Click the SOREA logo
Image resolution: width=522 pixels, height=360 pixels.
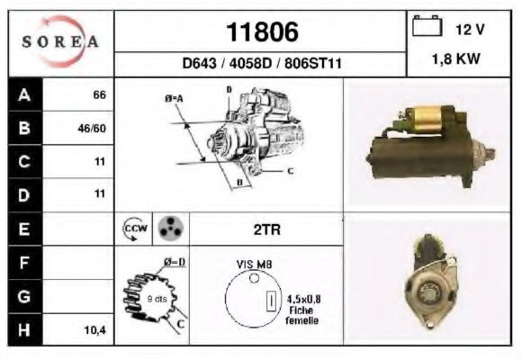pos(60,41)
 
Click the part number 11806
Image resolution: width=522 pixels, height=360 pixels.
pos(262,32)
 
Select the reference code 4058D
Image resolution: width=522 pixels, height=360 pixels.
pos(251,63)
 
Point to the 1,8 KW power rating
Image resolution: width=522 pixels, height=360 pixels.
pos(456,58)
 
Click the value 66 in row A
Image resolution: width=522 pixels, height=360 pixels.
pos(100,94)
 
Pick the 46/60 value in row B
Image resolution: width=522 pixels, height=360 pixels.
pos(92,128)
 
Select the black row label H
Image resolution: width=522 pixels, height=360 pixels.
pos(24,329)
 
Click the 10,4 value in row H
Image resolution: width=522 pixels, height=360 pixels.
pos(95,330)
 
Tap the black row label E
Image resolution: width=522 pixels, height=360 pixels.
pos(24,229)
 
